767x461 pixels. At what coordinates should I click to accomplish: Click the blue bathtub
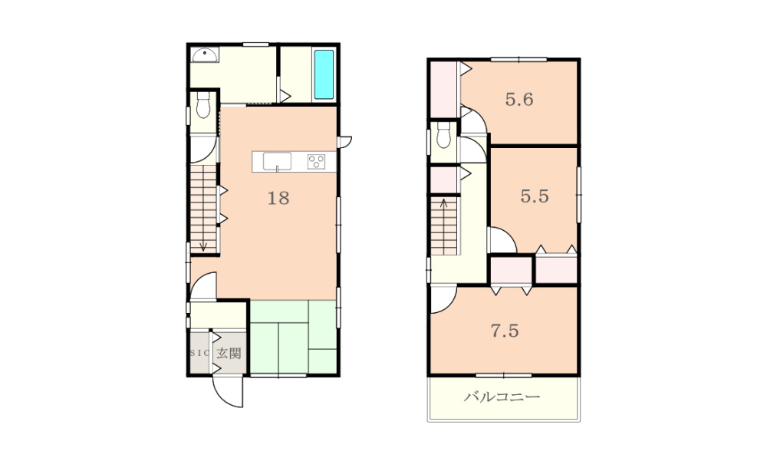coord(324,74)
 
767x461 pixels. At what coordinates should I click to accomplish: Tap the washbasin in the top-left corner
coord(205,54)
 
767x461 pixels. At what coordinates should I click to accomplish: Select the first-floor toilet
coord(203,104)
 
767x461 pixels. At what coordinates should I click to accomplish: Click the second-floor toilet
coord(443,134)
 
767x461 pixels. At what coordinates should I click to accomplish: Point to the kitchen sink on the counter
coord(277,161)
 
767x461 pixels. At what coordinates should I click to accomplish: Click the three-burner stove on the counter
coord(316,162)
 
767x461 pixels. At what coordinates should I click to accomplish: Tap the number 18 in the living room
coord(278,198)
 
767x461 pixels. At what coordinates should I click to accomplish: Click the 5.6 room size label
coord(519,100)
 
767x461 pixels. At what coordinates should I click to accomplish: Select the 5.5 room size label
coord(535,196)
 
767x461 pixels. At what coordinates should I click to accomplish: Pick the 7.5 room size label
coord(505,331)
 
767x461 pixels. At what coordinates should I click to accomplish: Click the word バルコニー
coord(502,397)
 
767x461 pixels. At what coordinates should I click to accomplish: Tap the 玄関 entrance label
coord(229,354)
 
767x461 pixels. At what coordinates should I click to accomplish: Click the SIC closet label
coord(200,353)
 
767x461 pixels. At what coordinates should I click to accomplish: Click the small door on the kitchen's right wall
coord(345,142)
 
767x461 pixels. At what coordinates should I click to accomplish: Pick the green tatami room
coord(293,338)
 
